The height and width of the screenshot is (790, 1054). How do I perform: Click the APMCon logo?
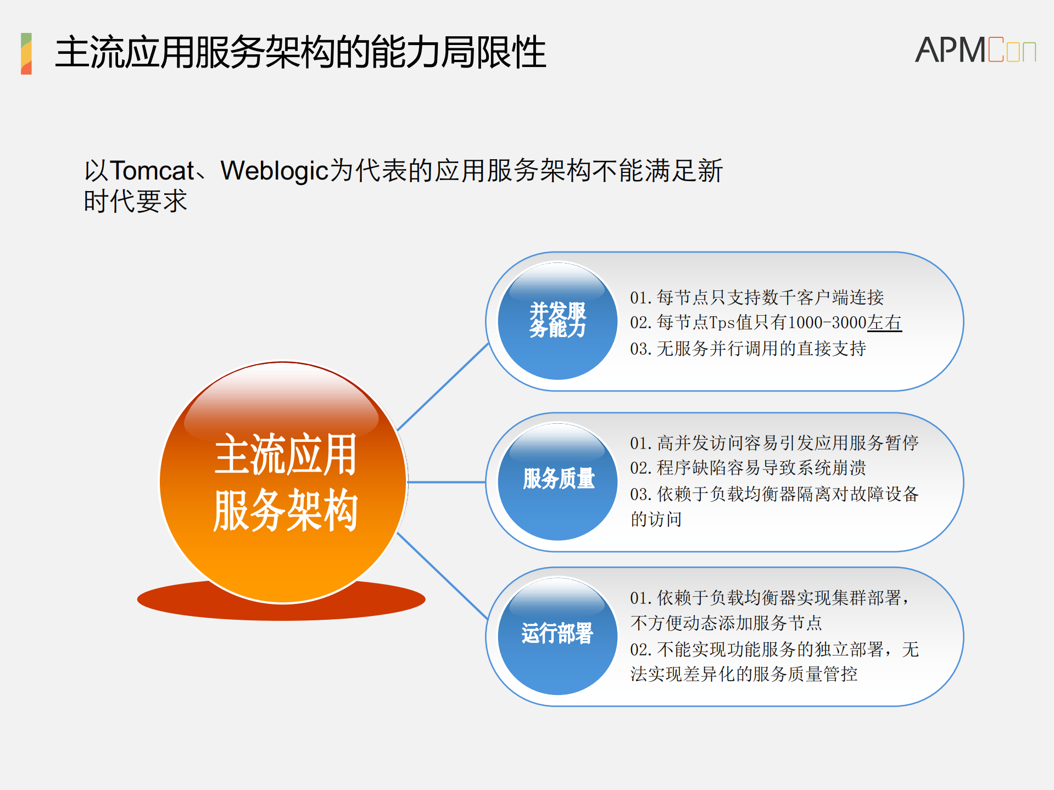pos(975,50)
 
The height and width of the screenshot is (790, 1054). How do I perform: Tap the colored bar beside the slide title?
pos(26,53)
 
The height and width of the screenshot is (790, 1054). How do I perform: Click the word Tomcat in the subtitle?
pos(153,171)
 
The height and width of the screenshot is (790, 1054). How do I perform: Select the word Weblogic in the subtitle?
pos(274,171)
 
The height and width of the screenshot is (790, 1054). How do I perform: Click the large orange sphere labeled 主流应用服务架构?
pos(283,482)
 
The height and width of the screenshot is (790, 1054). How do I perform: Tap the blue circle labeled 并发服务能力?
pos(557,321)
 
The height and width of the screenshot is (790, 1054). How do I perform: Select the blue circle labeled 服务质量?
pos(557,481)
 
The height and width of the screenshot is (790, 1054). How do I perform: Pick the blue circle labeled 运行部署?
pos(557,636)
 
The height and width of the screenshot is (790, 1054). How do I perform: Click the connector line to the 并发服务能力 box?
pos(443,386)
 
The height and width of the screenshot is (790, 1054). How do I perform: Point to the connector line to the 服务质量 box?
pos(447,482)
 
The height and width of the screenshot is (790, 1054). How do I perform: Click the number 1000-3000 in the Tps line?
pos(827,323)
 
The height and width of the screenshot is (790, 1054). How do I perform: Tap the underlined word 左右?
pos(884,323)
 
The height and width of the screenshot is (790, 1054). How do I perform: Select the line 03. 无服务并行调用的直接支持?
pos(748,349)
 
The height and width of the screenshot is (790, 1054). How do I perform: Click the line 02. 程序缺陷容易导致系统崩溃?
pos(748,468)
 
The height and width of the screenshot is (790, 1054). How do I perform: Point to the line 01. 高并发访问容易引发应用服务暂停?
pos(774,442)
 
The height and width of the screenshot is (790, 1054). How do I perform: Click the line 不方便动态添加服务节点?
pos(726,623)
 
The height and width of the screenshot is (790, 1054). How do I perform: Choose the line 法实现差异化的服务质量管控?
pos(744,674)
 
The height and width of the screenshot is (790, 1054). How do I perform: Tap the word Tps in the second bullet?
pos(722,323)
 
